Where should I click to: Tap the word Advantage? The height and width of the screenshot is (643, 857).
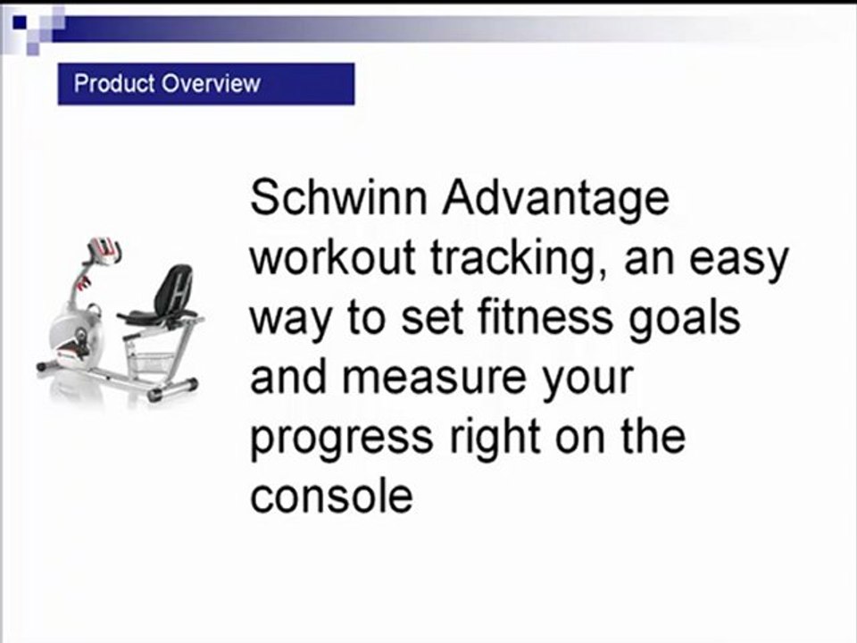coord(555,198)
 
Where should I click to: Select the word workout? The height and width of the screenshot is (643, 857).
coord(332,258)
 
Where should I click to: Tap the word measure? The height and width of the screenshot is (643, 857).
coord(420,378)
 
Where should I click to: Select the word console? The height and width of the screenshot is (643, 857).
coord(331,497)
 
